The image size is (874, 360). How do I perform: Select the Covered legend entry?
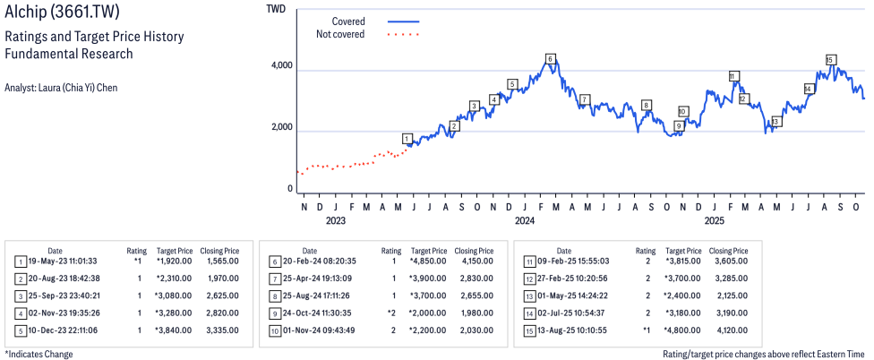click(348, 21)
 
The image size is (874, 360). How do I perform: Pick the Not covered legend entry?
click(340, 34)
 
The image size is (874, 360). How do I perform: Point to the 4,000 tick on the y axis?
click(281, 66)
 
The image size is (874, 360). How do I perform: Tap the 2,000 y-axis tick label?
click(281, 127)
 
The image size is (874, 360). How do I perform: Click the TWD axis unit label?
click(277, 9)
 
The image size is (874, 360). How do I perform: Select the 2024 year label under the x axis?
click(525, 220)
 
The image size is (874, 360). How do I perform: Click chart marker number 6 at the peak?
click(550, 59)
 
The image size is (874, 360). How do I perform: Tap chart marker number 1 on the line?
click(407, 139)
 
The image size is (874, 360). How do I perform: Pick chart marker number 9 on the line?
click(679, 126)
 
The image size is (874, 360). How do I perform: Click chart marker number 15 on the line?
click(830, 60)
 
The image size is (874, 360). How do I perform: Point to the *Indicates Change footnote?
click(39, 354)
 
